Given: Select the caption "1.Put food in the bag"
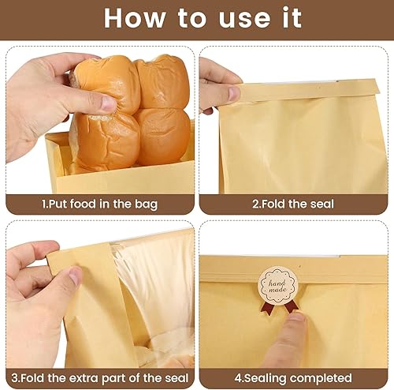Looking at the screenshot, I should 99,204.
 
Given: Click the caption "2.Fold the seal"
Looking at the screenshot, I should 294,204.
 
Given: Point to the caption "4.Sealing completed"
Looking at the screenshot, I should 294,378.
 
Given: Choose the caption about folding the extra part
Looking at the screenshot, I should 99,378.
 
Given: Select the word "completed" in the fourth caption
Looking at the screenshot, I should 324,378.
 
